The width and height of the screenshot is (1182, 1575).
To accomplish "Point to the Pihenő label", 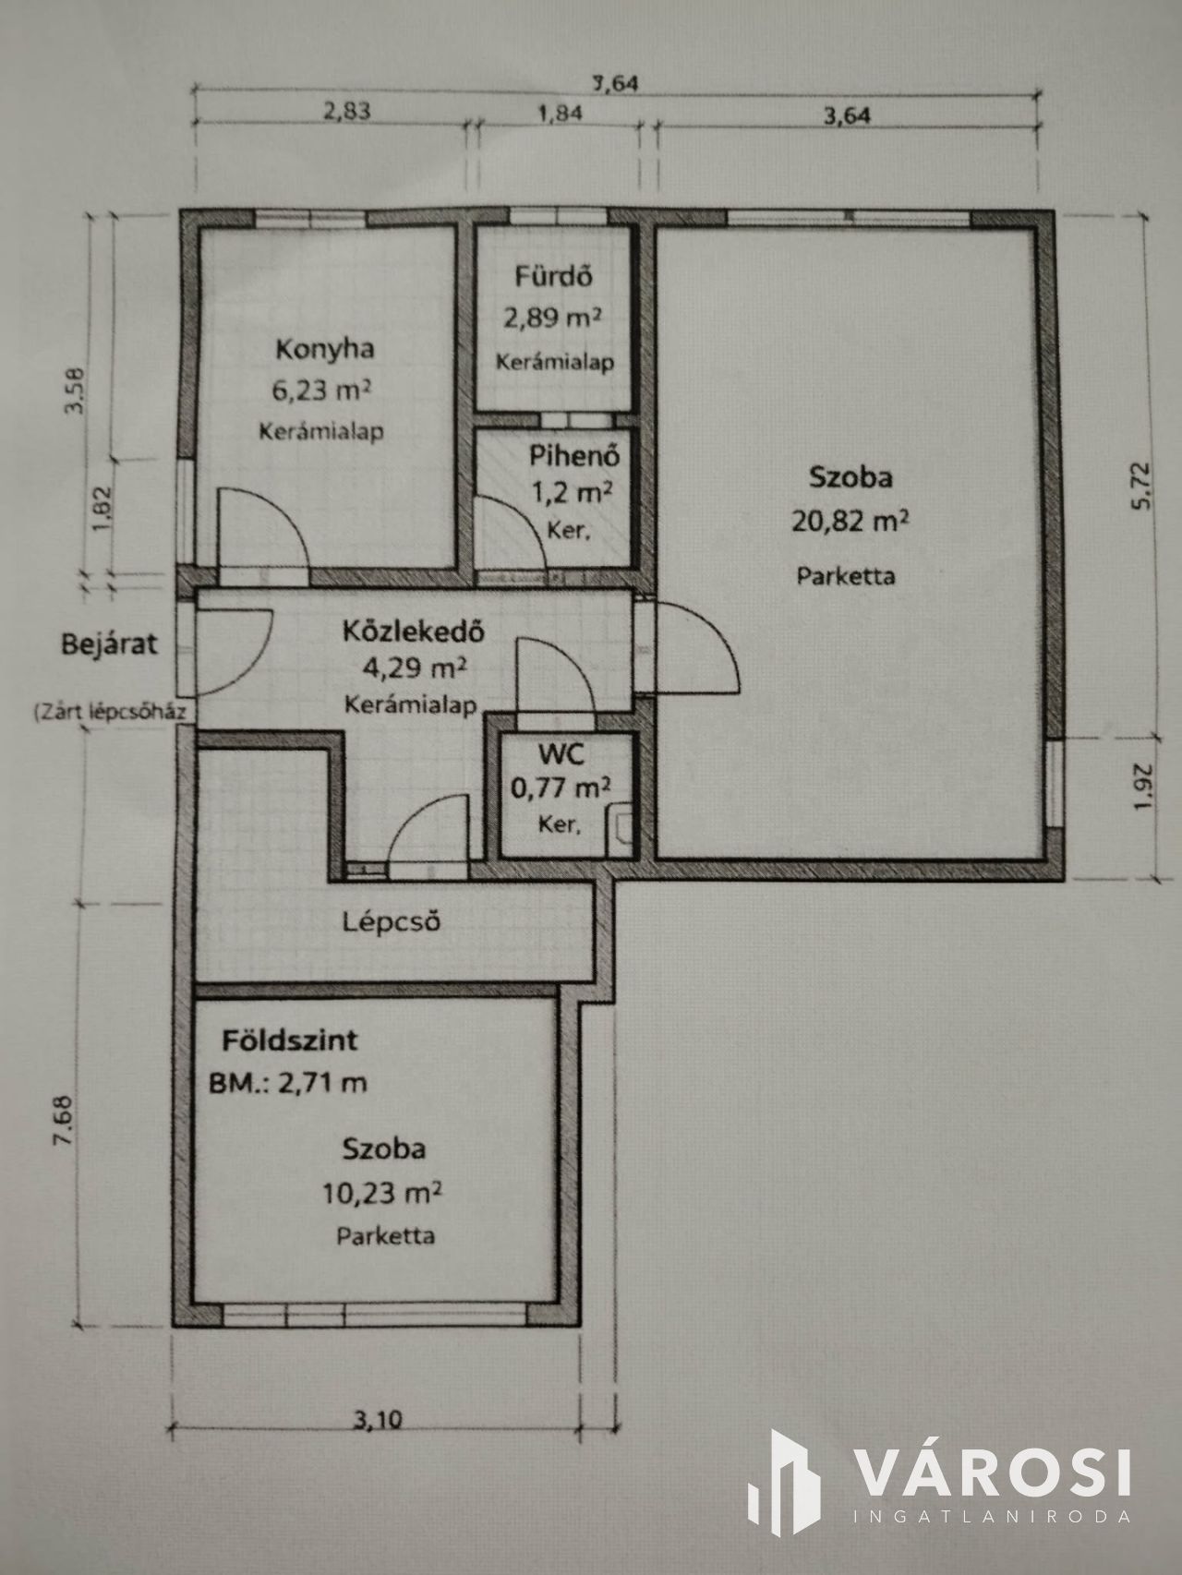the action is click(x=573, y=455).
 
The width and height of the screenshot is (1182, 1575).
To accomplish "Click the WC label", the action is click(x=561, y=754).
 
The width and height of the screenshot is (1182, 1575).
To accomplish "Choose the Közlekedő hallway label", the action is click(x=414, y=632).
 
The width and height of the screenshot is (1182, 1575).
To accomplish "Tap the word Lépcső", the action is click(x=390, y=920).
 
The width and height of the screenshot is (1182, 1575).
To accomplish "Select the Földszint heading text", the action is click(x=289, y=1040).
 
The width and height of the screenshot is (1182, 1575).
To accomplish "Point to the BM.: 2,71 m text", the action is click(x=288, y=1081).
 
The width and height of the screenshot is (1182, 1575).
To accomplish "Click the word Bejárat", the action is click(x=109, y=643).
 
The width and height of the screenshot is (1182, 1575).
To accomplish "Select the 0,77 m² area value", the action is click(x=561, y=787).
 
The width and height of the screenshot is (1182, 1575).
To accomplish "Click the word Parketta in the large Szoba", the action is click(x=846, y=576).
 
